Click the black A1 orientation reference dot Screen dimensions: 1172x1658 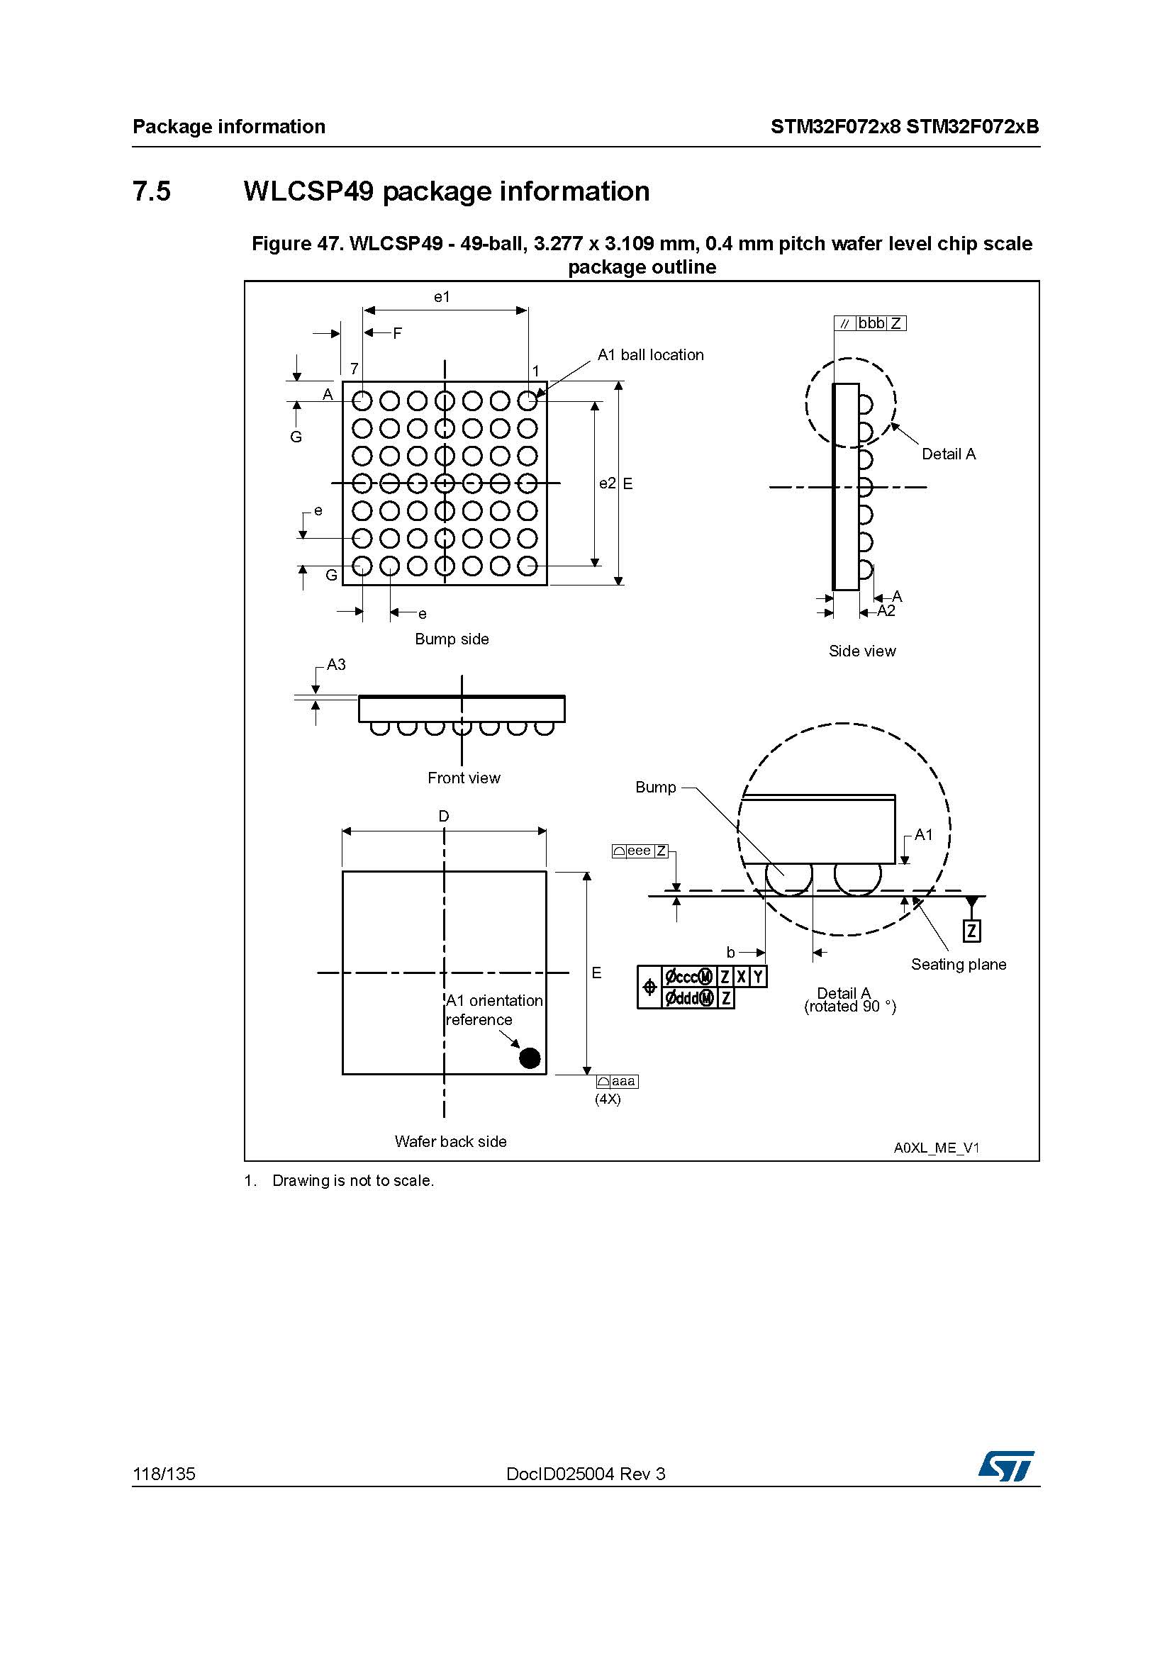click(x=530, y=1058)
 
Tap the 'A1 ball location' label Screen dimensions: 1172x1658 click(x=651, y=354)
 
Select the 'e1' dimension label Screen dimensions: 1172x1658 click(x=442, y=296)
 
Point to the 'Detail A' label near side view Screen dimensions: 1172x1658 click(x=949, y=454)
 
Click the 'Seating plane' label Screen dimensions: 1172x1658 click(x=959, y=964)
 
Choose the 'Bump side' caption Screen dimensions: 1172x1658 click(x=452, y=639)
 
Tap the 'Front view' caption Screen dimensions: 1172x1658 click(x=464, y=778)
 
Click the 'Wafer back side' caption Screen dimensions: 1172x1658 click(x=451, y=1141)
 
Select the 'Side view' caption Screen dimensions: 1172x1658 click(x=862, y=651)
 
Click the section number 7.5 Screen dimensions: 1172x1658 click(x=152, y=191)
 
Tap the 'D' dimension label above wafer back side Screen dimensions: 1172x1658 click(x=443, y=816)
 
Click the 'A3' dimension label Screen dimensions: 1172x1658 click(x=337, y=664)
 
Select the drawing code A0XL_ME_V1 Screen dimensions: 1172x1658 click(x=937, y=1148)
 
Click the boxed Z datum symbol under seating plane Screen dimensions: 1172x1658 click(x=972, y=931)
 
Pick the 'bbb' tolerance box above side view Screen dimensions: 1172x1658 click(x=871, y=323)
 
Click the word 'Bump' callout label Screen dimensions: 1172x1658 click(x=656, y=787)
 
